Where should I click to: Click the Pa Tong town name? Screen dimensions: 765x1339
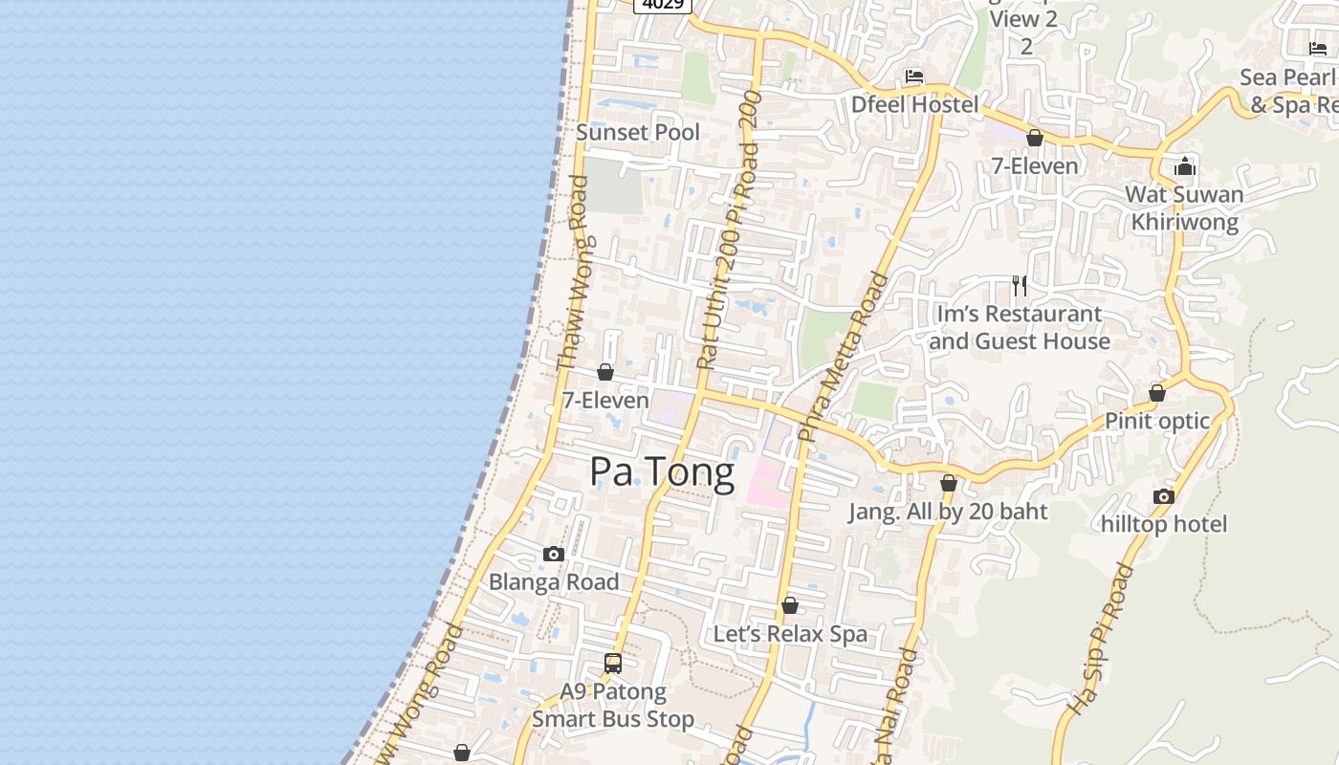662,471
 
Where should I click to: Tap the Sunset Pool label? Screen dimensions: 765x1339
638,132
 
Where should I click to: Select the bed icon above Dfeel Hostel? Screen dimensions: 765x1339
914,76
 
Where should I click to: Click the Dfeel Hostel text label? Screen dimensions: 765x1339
914,104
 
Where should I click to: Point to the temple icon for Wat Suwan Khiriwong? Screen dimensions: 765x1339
1185,166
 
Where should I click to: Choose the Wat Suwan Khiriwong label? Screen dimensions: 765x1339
1184,208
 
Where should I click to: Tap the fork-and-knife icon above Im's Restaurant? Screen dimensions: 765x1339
1020,285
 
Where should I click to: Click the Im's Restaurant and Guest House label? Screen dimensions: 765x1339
1020,327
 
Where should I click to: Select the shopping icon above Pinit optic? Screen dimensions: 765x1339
1157,393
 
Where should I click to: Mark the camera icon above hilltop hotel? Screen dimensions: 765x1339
1164,496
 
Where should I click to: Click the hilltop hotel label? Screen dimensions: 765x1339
1164,524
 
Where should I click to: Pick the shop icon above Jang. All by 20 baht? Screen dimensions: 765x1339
949,484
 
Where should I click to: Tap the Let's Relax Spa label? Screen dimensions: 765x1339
791,633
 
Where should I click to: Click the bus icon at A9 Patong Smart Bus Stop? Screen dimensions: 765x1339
613,663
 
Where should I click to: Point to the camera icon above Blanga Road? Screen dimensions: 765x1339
554,554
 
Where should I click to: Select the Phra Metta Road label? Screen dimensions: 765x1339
843,358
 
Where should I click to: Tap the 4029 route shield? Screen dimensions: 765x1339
663,5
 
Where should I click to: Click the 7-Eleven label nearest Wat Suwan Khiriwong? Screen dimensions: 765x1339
1035,165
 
